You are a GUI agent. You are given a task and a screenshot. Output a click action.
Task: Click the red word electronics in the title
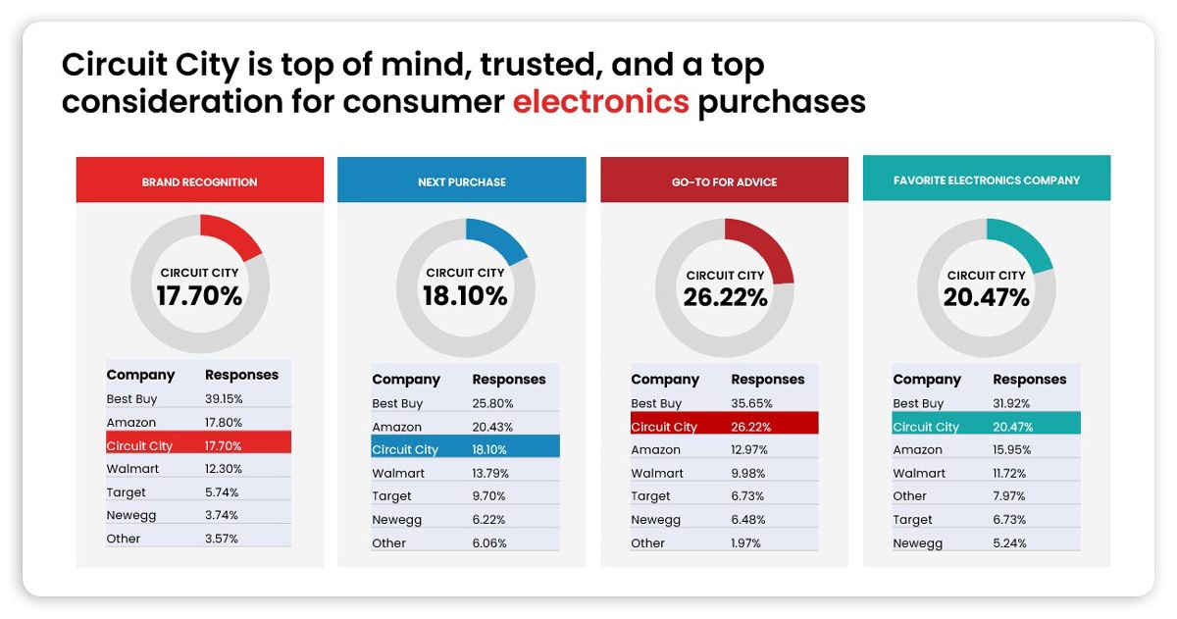pos(600,101)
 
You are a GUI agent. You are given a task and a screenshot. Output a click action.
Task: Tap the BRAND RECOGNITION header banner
pos(200,180)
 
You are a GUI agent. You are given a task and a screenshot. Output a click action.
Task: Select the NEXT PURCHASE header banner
pos(461,180)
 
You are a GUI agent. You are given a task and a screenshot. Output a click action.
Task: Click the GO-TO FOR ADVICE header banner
pos(724,180)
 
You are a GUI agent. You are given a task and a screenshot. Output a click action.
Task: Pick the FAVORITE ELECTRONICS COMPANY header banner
pos(987,178)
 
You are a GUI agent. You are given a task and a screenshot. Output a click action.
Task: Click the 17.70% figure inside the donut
pos(200,295)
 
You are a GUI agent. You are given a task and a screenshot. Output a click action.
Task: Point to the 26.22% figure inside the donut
pos(725,297)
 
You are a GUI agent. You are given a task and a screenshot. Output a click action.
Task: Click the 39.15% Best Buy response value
pos(224,399)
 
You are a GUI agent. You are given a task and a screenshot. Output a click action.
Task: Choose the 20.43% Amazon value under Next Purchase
pos(492,427)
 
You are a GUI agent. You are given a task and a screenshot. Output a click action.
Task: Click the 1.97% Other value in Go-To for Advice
pos(745,542)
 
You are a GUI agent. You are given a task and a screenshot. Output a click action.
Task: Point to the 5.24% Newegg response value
pos(1009,542)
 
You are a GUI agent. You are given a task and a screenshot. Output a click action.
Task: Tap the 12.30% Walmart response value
pos(224,469)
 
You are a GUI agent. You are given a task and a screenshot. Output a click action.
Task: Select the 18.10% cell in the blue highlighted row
pos(489,450)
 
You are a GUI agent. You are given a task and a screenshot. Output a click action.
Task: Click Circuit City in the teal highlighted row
pos(926,427)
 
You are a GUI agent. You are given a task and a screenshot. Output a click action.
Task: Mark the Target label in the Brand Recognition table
pos(126,492)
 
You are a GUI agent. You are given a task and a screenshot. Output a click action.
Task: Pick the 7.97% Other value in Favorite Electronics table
pos(1009,496)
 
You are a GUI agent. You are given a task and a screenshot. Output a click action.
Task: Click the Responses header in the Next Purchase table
pos(509,380)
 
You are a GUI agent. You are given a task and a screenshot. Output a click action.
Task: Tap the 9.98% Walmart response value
pos(748,473)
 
